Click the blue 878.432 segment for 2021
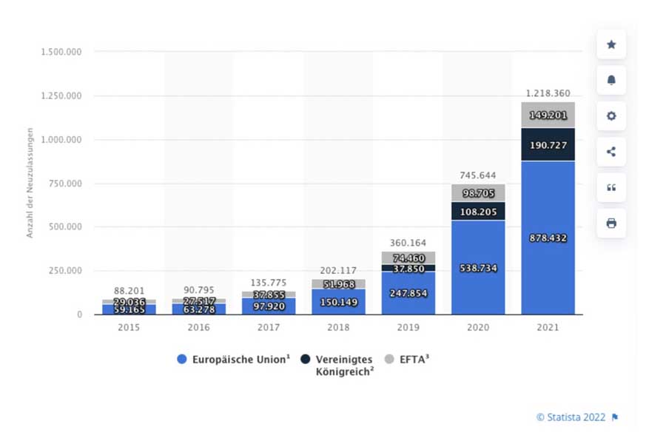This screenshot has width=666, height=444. (x=548, y=238)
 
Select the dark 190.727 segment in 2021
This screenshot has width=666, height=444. (x=548, y=145)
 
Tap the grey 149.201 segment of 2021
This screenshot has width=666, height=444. (x=548, y=115)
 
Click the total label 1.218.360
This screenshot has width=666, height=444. (x=548, y=93)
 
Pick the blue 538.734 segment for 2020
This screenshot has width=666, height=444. (x=478, y=268)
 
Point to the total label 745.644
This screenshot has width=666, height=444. (x=478, y=175)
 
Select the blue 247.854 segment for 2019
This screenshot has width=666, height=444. (x=408, y=292)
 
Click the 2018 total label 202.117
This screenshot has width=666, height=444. (x=339, y=270)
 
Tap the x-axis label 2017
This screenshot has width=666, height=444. (x=269, y=328)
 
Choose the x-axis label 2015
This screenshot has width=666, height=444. (x=129, y=328)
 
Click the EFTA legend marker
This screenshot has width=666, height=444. (x=391, y=360)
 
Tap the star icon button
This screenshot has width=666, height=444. (x=611, y=44)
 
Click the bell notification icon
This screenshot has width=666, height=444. (x=611, y=81)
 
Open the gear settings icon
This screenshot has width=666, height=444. (x=611, y=116)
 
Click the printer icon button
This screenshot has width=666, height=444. (x=611, y=223)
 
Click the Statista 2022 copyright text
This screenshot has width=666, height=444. (x=571, y=417)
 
